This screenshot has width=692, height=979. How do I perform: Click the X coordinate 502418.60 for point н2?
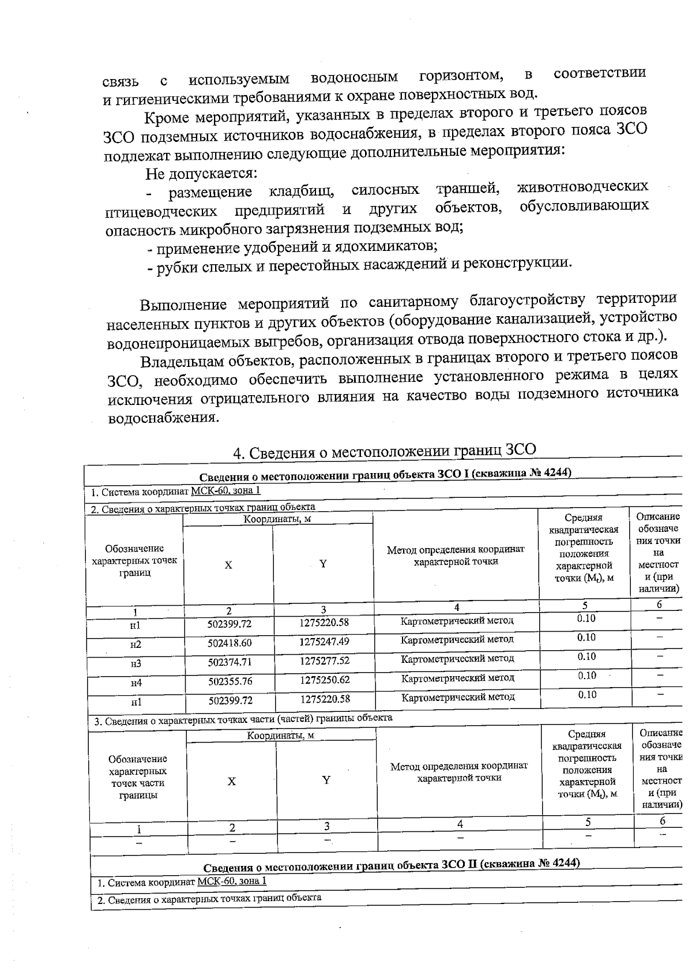[230, 643]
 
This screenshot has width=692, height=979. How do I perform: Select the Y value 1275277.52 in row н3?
[324, 661]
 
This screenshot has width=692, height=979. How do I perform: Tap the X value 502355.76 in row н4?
[230, 681]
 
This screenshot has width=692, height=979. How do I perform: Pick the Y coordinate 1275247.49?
[324, 641]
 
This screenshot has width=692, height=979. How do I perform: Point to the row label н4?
[136, 683]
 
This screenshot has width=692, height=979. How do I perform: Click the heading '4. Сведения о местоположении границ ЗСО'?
[385, 452]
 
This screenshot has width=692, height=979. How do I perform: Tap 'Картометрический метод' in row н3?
[457, 658]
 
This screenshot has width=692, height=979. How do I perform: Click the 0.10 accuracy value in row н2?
[586, 637]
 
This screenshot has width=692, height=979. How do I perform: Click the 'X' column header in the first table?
[228, 565]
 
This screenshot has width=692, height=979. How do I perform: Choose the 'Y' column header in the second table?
[326, 781]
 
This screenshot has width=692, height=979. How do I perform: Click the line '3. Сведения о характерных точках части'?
[243, 718]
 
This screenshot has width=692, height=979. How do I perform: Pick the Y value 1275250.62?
[325, 680]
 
